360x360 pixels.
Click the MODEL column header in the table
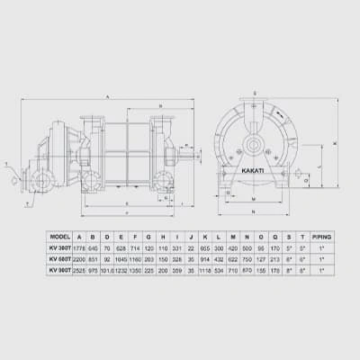click(x=60, y=237)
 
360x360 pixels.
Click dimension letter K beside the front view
click(x=335, y=144)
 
